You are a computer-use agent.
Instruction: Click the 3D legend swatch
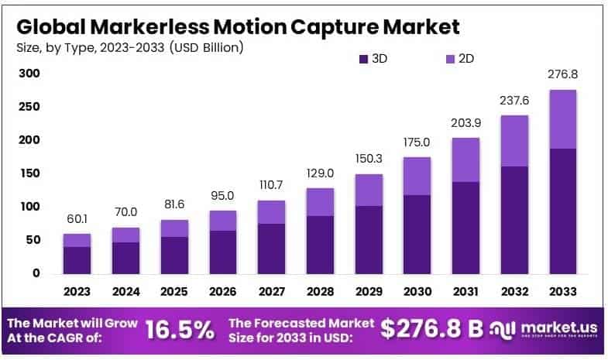click(x=363, y=59)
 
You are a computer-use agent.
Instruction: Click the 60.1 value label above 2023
click(x=77, y=218)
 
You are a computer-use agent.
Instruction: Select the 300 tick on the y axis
click(x=28, y=74)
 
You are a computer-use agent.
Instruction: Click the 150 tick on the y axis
click(x=28, y=173)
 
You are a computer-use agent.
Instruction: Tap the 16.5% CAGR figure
click(x=180, y=329)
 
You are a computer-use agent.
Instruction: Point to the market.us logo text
click(x=553, y=326)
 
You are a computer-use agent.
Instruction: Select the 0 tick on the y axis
click(x=36, y=273)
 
